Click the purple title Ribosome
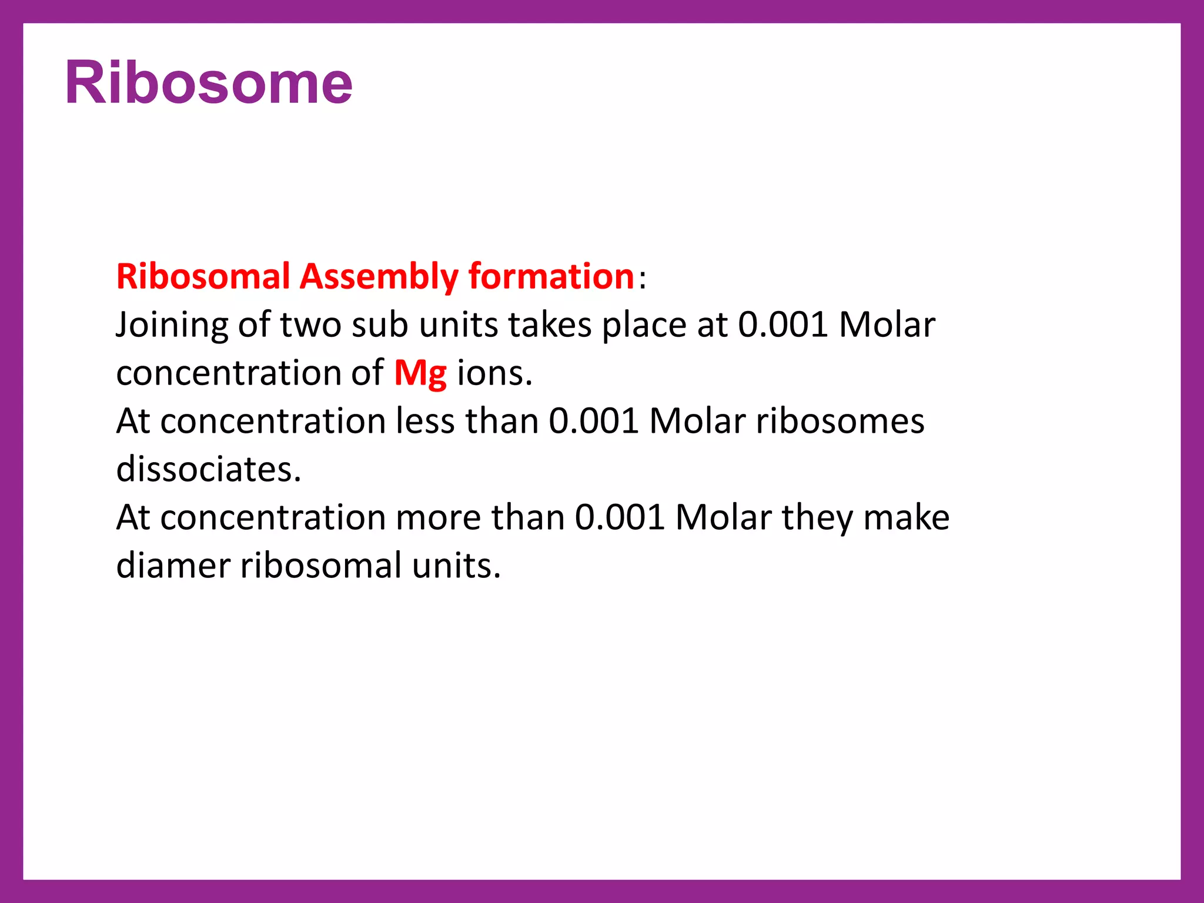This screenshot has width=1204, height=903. point(209,83)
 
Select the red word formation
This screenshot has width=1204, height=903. point(551,276)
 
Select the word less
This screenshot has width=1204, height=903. point(425,422)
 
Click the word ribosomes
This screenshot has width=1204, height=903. point(840,422)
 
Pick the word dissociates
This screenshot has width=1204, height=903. point(209,470)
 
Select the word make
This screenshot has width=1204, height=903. point(906,518)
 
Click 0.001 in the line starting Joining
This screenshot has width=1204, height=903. point(783,325)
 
